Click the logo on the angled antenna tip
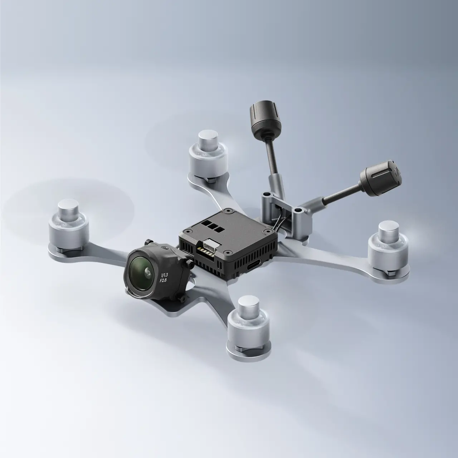pos(396,173)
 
